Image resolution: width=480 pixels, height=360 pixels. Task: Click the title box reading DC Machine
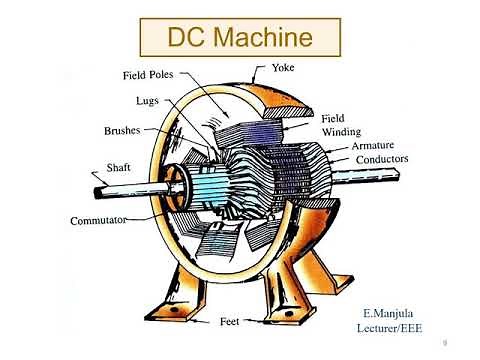(x=239, y=39)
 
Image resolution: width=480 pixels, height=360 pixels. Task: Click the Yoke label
(x=284, y=68)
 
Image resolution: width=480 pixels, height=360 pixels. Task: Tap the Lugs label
(x=147, y=100)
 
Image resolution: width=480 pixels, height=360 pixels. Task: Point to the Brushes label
(x=122, y=130)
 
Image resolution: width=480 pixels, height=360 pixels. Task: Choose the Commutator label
(x=97, y=220)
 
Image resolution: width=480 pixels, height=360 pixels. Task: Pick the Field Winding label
(x=340, y=125)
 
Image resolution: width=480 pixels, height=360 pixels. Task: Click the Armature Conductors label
(x=379, y=152)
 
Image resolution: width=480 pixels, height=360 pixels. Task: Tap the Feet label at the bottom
(x=228, y=322)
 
